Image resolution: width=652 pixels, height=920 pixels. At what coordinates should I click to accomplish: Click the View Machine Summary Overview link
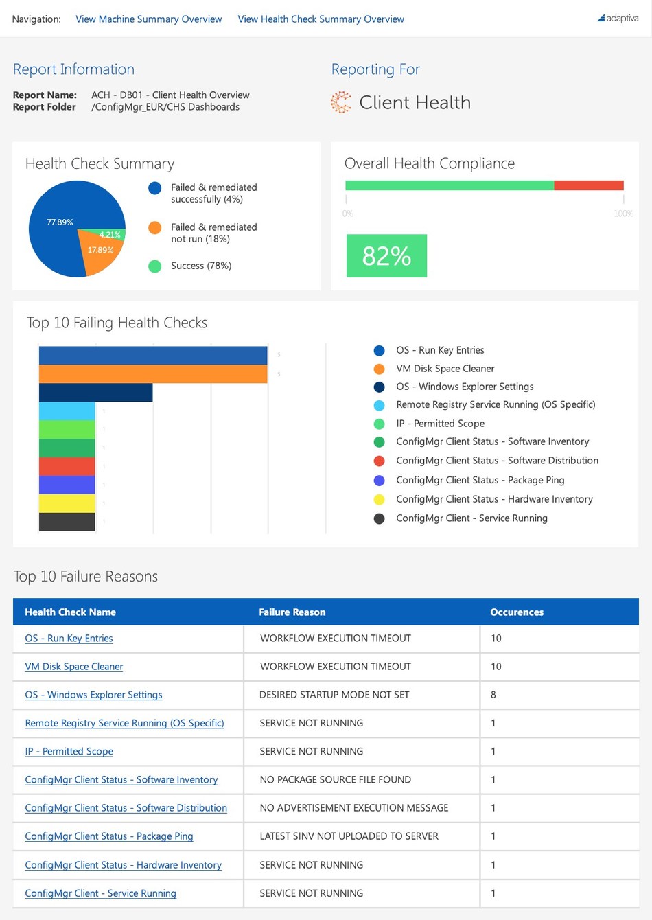(x=148, y=19)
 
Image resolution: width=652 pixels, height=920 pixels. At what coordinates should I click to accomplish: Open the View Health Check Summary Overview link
(x=321, y=19)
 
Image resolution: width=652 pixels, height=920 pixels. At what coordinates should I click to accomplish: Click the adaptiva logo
(x=618, y=19)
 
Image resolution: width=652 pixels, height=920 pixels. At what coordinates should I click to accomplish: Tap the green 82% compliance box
(x=386, y=256)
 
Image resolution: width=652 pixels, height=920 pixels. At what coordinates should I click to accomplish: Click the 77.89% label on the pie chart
(x=60, y=222)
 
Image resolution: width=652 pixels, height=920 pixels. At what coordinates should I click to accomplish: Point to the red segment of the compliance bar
(x=588, y=185)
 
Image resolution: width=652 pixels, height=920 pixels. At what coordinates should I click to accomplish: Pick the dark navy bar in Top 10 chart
(x=95, y=393)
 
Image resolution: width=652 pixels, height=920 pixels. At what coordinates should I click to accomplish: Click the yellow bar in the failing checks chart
(x=67, y=503)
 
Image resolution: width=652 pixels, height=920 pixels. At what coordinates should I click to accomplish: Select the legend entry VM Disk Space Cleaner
(x=445, y=369)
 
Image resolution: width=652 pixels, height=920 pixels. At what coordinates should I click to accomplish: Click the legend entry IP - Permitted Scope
(x=440, y=424)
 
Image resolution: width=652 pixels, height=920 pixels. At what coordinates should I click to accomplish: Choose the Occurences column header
(x=516, y=612)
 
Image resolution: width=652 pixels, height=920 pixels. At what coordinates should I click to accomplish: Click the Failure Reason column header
(x=292, y=612)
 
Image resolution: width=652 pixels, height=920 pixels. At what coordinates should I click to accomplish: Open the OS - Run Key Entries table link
(x=69, y=639)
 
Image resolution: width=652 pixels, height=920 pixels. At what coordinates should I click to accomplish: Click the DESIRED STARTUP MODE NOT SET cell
(x=334, y=695)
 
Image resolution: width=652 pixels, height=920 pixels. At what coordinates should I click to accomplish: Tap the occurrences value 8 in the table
(x=493, y=695)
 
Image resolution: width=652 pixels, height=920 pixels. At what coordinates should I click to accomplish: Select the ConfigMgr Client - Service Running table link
(x=100, y=893)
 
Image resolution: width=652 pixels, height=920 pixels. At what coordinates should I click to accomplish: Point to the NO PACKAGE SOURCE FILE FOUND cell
(x=335, y=780)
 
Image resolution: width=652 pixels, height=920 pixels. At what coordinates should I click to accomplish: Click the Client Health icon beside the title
(x=340, y=102)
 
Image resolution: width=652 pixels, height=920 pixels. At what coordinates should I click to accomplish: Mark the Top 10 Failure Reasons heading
(x=86, y=577)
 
